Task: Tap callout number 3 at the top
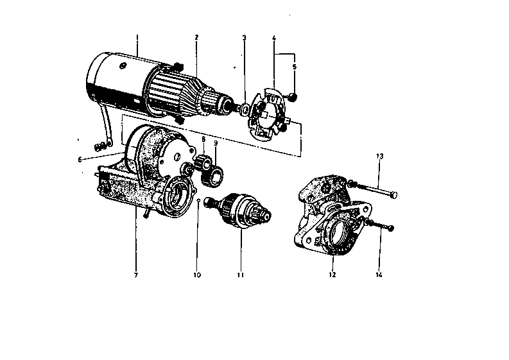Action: point(244,38)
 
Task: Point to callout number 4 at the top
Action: point(274,38)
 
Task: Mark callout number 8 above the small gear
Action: point(203,139)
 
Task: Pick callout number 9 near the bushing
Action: point(216,144)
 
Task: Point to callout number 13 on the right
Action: point(379,157)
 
